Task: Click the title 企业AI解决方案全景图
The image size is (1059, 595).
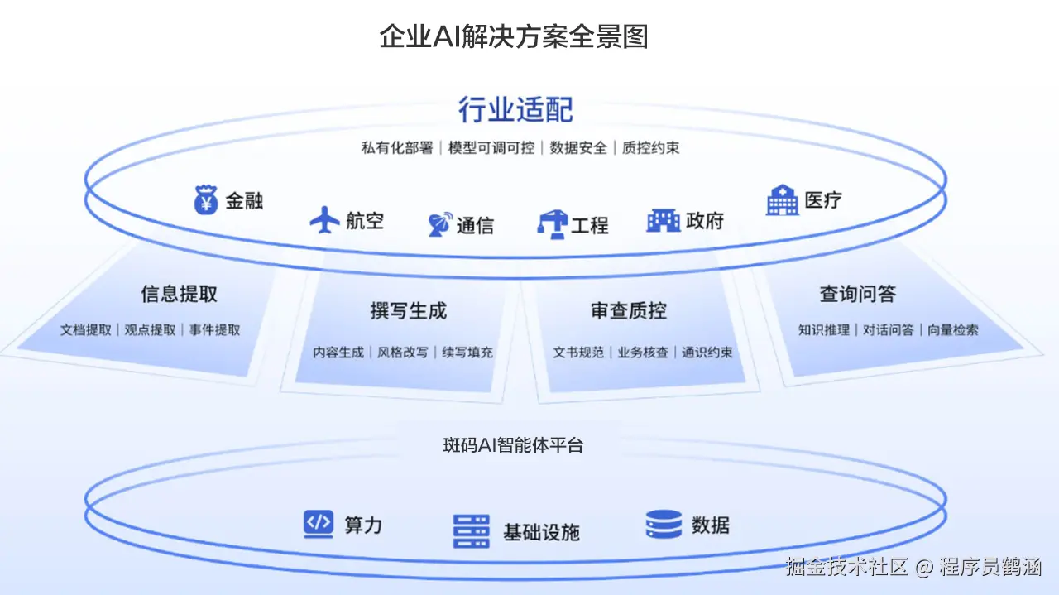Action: click(x=513, y=36)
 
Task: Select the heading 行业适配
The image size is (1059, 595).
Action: click(x=515, y=110)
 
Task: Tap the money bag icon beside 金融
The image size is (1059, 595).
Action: click(x=206, y=199)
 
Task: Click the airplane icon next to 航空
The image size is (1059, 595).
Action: click(x=325, y=220)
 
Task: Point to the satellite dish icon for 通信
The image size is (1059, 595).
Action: click(x=439, y=224)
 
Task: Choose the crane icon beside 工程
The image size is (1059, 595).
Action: click(x=552, y=223)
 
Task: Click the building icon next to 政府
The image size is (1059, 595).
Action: click(x=663, y=220)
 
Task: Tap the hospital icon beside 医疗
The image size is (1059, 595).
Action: click(x=782, y=200)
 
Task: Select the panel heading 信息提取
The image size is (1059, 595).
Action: click(x=179, y=294)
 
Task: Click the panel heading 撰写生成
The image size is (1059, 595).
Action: click(x=408, y=311)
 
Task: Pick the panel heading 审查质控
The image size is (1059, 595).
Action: click(x=629, y=311)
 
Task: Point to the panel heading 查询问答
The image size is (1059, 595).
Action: click(x=858, y=294)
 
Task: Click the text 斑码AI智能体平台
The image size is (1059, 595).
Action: click(x=513, y=445)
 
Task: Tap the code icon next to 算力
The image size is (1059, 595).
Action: click(x=319, y=524)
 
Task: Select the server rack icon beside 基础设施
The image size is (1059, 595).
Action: click(x=472, y=531)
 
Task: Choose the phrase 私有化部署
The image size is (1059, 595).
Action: click(x=397, y=148)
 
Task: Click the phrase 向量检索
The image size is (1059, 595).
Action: click(x=952, y=329)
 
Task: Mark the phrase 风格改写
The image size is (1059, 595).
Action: click(x=403, y=352)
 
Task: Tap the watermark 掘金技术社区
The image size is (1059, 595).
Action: click(x=846, y=567)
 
